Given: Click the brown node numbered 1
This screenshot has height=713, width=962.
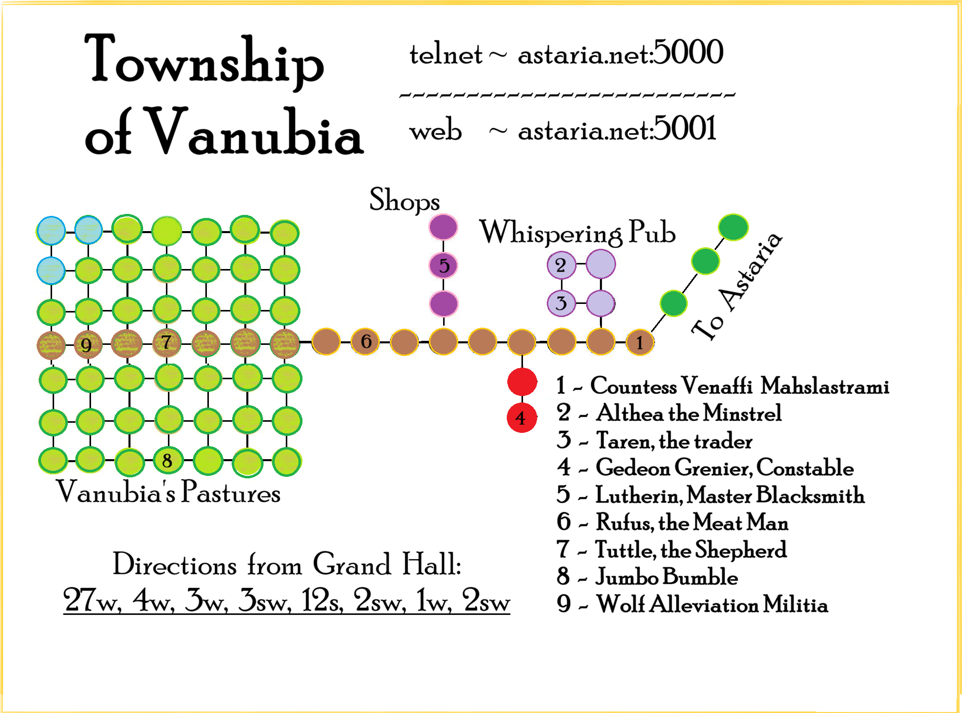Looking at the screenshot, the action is [640, 342].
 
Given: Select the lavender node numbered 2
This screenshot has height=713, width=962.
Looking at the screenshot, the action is [561, 265].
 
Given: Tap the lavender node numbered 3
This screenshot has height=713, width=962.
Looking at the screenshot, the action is [561, 303].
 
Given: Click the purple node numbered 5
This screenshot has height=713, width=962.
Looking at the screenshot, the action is [444, 265].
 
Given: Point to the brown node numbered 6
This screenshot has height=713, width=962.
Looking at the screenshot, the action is [365, 342].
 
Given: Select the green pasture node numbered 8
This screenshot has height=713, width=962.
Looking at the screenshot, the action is [167, 461].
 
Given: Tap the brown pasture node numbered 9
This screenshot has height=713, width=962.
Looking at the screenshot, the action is [88, 345].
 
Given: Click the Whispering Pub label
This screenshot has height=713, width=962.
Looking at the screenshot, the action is [577, 233].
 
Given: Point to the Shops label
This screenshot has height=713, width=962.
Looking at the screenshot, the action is [405, 200].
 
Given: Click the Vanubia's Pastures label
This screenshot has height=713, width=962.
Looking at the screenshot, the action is [168, 492].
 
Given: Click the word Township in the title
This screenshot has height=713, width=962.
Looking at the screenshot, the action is [204, 61].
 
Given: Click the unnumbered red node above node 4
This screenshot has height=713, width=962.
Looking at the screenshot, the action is [522, 381].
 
